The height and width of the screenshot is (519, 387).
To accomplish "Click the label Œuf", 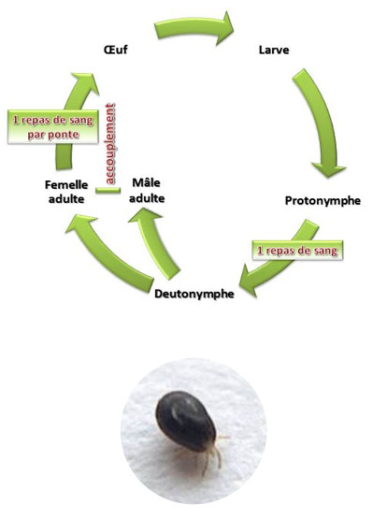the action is pos(115,50).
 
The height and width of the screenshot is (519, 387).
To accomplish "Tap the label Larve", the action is pos(274,50).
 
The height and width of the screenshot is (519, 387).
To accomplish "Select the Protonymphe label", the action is pos(322,201).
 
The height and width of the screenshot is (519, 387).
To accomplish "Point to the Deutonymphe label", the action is pos(194,294).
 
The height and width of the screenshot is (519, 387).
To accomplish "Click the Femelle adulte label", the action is pos(66,192).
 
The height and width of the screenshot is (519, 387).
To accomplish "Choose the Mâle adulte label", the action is pos(147,191).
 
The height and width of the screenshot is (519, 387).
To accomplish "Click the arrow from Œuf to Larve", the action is pos(195,26).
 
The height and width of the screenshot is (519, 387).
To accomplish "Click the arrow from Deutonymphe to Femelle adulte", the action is pos(106,252).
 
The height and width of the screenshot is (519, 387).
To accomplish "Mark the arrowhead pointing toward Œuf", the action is pos(85,82).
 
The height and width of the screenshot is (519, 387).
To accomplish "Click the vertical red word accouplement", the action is pos(110,144).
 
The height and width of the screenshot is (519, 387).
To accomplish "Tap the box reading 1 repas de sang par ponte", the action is pos(53,127).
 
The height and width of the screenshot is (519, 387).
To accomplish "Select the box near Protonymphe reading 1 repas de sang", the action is pos(297,251).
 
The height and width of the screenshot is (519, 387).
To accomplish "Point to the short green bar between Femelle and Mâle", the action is pos(107,191).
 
